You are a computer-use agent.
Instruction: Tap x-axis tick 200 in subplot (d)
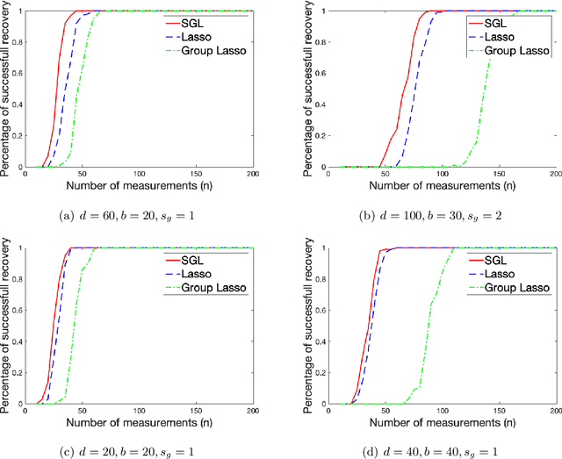[x=551, y=411]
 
